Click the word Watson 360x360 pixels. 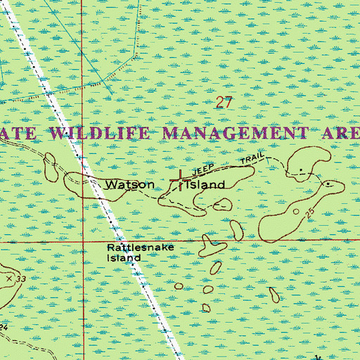129,185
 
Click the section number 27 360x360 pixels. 224,103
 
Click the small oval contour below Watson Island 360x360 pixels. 222,205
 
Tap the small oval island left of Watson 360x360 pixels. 50,167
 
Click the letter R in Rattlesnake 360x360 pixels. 111,248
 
